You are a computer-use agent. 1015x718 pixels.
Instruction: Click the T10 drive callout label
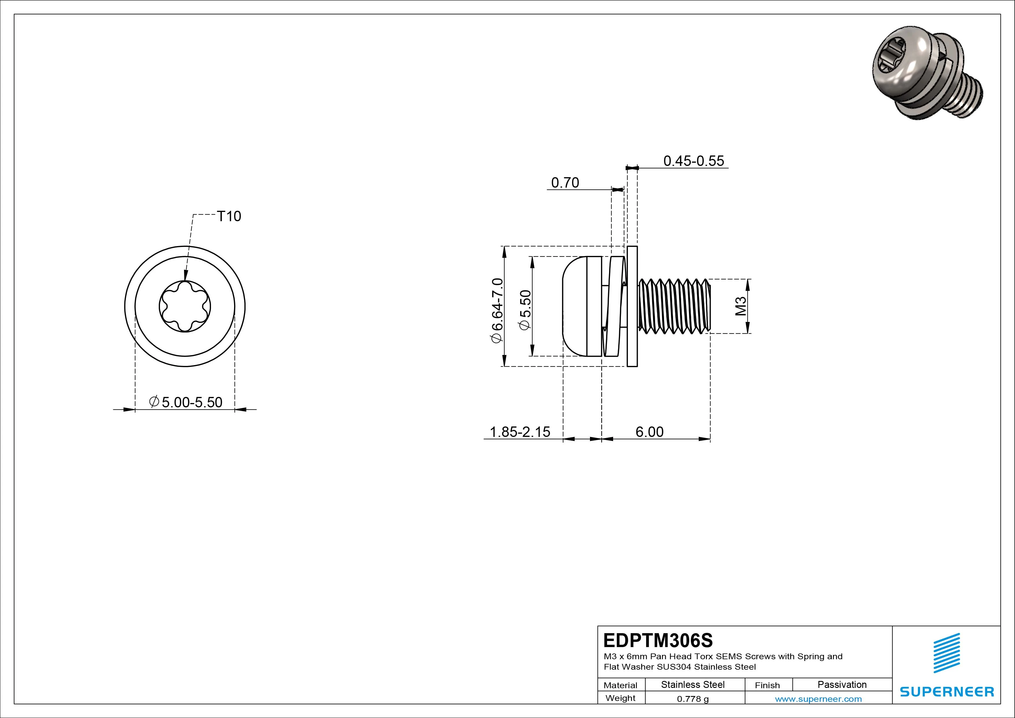click(229, 216)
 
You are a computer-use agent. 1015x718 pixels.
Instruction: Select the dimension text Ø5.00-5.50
click(186, 402)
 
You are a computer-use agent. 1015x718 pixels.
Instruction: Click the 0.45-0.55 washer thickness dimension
click(694, 161)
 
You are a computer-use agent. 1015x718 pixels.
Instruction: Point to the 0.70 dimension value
click(565, 183)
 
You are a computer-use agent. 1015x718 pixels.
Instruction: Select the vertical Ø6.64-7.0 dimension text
click(497, 310)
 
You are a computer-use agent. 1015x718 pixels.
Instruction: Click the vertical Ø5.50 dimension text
click(525, 310)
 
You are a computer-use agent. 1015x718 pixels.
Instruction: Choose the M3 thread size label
click(741, 306)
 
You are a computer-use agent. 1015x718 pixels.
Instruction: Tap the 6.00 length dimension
click(649, 432)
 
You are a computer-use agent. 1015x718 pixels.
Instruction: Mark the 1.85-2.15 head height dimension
click(520, 432)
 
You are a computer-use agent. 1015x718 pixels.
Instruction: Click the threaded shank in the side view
click(674, 306)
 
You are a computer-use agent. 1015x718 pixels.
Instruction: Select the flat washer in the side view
click(632, 306)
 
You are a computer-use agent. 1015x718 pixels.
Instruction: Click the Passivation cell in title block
click(842, 684)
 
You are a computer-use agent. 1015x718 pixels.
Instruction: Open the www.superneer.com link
click(818, 699)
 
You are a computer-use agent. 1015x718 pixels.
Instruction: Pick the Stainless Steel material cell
click(693, 684)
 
